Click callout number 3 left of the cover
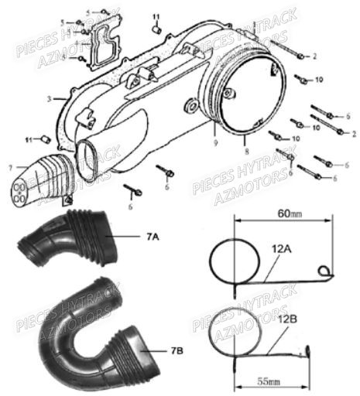[49, 98]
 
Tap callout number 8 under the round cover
[245, 142]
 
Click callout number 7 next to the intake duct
[11, 166]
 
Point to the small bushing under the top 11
[155, 29]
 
